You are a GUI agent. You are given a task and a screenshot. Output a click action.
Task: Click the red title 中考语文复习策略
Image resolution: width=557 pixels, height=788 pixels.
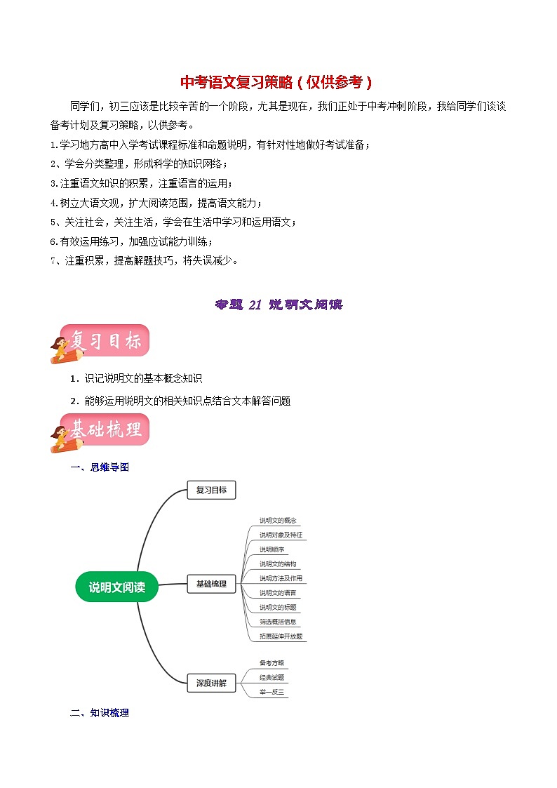coord(277,82)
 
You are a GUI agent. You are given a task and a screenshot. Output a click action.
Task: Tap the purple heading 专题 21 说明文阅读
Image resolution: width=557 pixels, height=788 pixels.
coord(278,305)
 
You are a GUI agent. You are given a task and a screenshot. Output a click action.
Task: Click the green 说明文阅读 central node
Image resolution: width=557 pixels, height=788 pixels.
coord(116,587)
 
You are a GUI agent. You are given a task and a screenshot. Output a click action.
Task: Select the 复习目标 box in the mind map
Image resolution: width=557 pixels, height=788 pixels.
coord(211,490)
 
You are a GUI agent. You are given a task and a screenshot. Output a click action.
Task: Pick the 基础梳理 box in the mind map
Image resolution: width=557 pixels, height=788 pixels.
coord(211,583)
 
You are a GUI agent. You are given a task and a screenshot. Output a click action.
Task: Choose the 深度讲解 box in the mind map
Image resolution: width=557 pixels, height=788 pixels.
coord(211,683)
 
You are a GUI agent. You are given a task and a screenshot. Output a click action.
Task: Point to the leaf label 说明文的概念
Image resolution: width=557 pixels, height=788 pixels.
coord(278,521)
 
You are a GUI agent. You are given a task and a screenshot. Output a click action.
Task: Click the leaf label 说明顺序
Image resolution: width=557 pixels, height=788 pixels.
coord(271,549)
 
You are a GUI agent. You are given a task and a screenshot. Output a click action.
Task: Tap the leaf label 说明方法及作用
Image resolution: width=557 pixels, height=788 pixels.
coord(281,578)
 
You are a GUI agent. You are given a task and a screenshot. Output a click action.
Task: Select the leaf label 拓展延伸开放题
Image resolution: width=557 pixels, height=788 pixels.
coord(281,636)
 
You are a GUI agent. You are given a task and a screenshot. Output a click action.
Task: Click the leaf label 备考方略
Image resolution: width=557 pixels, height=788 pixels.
coord(271,662)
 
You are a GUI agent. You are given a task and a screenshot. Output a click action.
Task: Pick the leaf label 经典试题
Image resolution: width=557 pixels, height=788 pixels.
coord(271,678)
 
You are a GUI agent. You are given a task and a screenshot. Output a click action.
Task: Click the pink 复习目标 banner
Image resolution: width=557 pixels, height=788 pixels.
coord(104,342)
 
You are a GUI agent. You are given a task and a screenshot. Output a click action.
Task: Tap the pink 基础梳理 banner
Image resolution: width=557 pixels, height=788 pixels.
coord(104,430)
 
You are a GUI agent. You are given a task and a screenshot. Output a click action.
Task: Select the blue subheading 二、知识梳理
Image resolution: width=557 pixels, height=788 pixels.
coord(100,713)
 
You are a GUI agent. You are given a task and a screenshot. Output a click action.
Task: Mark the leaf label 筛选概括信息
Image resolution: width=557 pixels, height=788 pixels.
coord(278,621)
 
